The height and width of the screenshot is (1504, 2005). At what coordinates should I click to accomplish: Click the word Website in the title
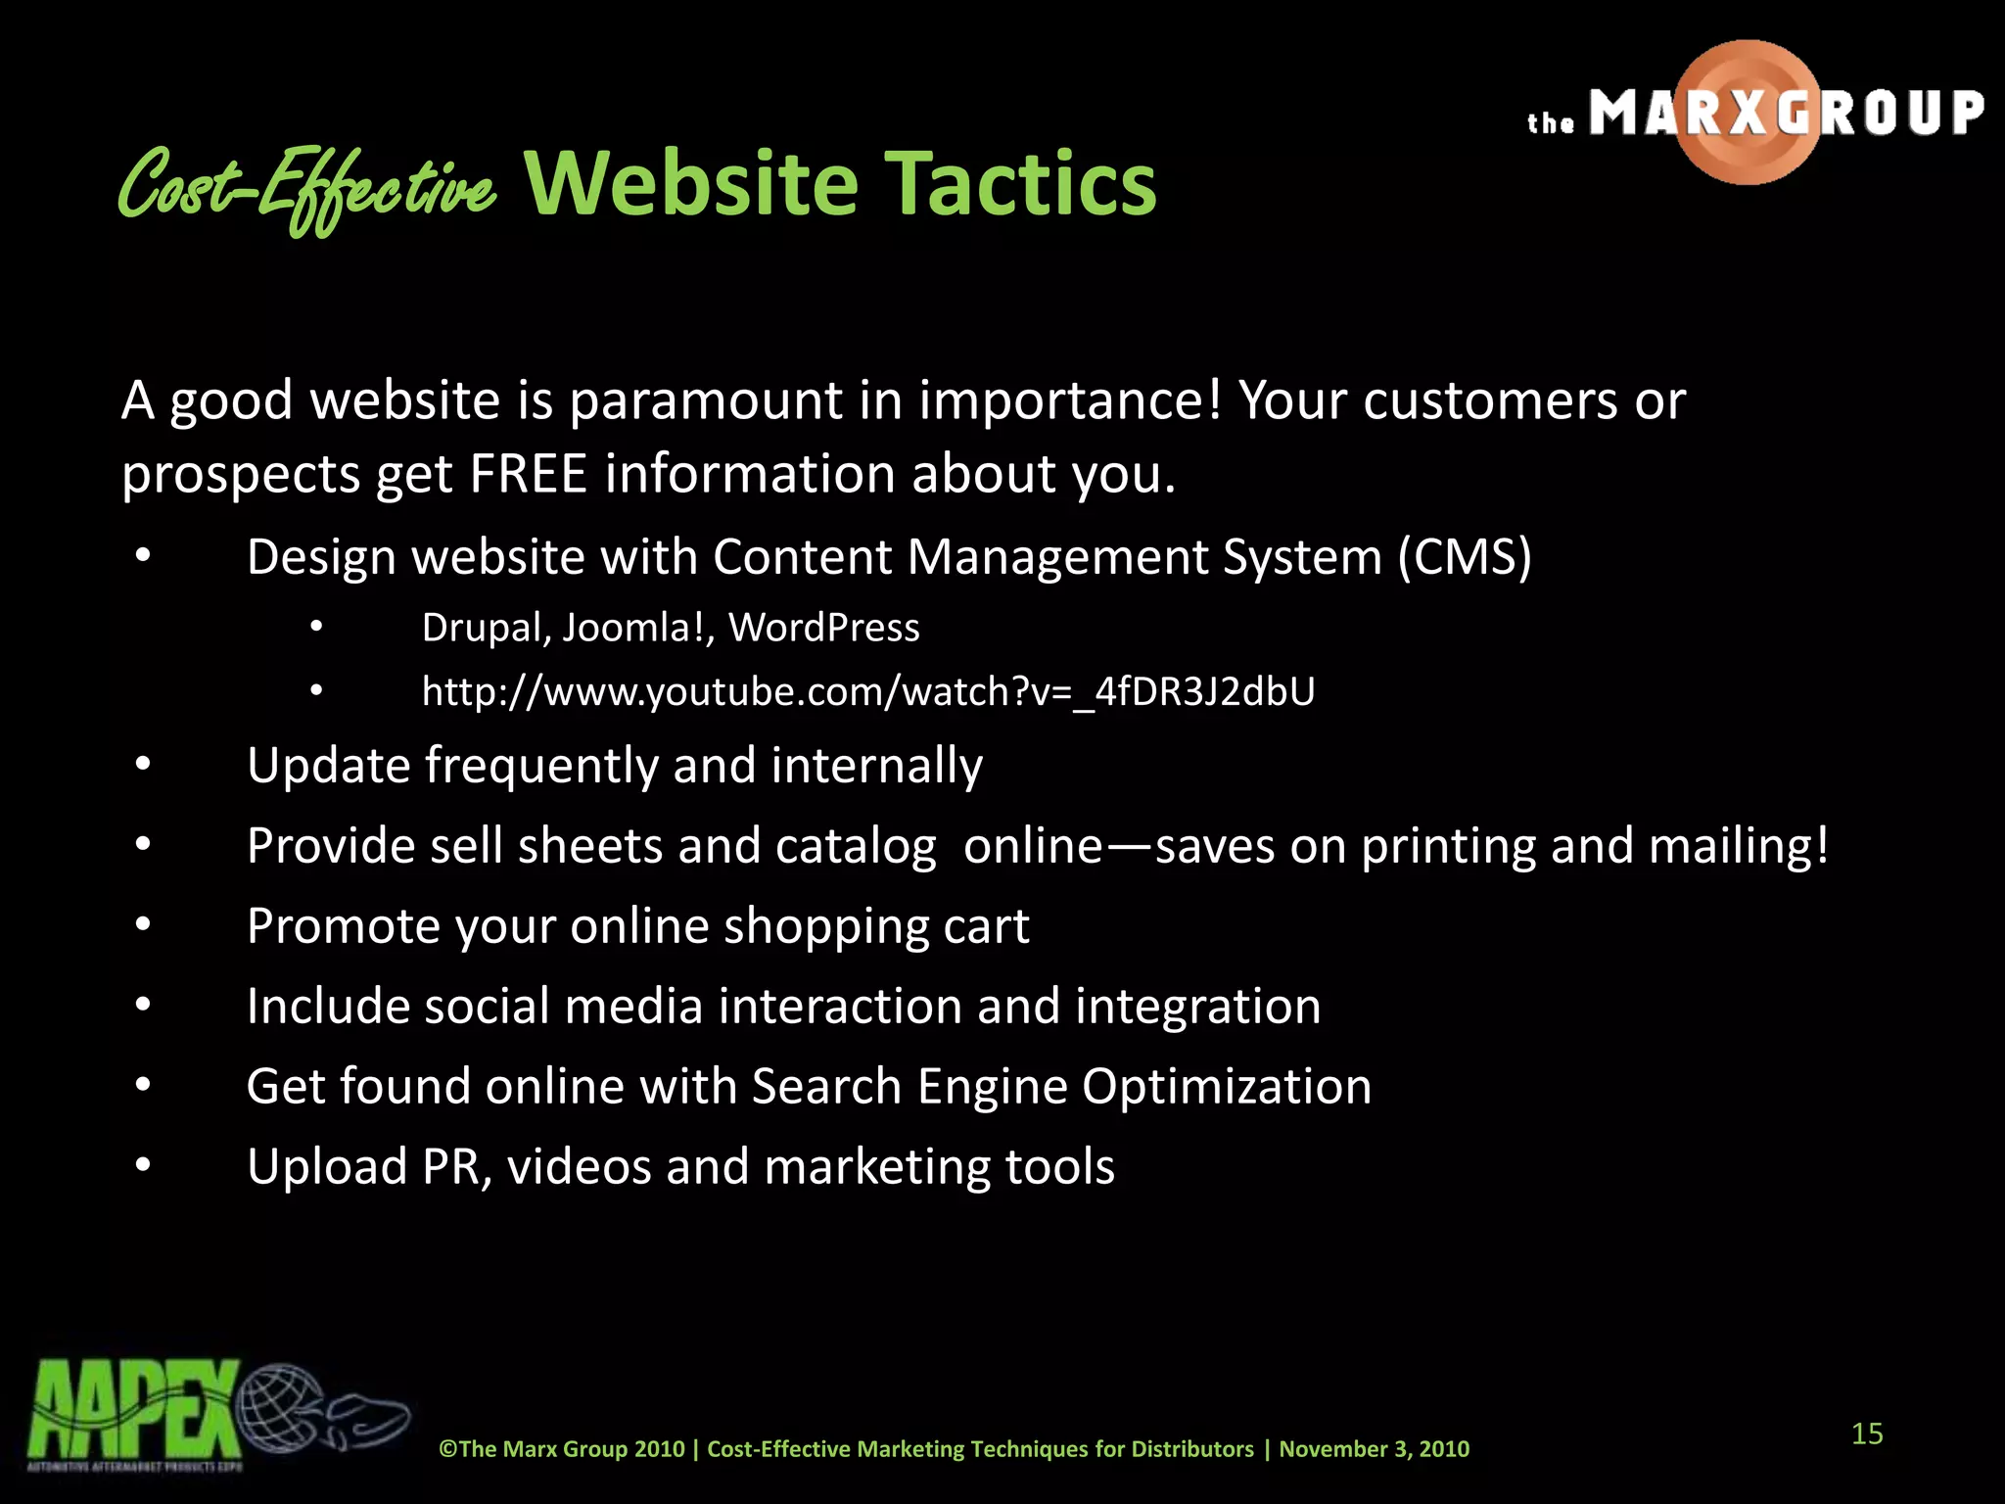click(x=691, y=184)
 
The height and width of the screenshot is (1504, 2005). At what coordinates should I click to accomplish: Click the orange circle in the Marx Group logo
click(x=1748, y=112)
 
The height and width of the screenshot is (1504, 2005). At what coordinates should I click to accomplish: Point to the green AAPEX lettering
click(x=134, y=1410)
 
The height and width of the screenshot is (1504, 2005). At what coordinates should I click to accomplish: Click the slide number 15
click(x=1867, y=1433)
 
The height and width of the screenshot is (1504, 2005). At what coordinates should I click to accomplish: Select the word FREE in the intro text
click(x=528, y=474)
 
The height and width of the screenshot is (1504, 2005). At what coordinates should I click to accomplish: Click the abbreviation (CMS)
click(x=1464, y=557)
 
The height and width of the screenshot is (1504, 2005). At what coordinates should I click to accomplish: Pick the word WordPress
click(x=823, y=628)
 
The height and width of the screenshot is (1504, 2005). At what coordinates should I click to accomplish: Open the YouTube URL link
click(x=867, y=691)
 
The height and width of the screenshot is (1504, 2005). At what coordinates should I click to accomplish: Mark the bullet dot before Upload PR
click(x=144, y=1165)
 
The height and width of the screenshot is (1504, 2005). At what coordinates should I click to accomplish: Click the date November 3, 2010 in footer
click(x=1374, y=1449)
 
